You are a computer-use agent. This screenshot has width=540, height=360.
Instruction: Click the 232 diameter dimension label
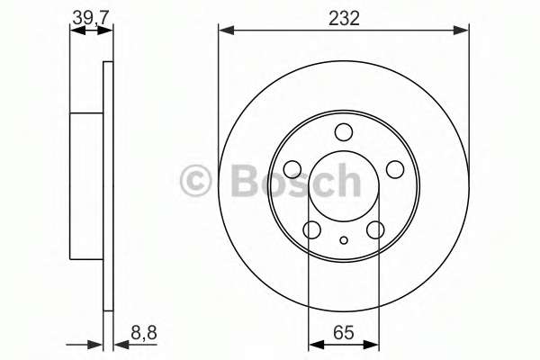[344, 18]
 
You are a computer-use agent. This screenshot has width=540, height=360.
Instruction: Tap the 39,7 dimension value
[92, 18]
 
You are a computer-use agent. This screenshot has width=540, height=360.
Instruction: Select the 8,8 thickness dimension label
[144, 333]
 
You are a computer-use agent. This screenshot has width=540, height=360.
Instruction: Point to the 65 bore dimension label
[344, 332]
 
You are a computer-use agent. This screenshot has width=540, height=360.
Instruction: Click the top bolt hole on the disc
[344, 132]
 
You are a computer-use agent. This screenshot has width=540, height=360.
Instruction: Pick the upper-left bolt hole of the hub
[292, 169]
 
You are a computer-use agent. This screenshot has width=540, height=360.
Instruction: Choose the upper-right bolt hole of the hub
[395, 169]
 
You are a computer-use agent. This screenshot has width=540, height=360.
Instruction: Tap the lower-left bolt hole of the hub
[312, 229]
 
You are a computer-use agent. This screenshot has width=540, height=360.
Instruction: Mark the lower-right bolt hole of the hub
[375, 229]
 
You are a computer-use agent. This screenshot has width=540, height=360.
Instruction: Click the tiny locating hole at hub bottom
[344, 240]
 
